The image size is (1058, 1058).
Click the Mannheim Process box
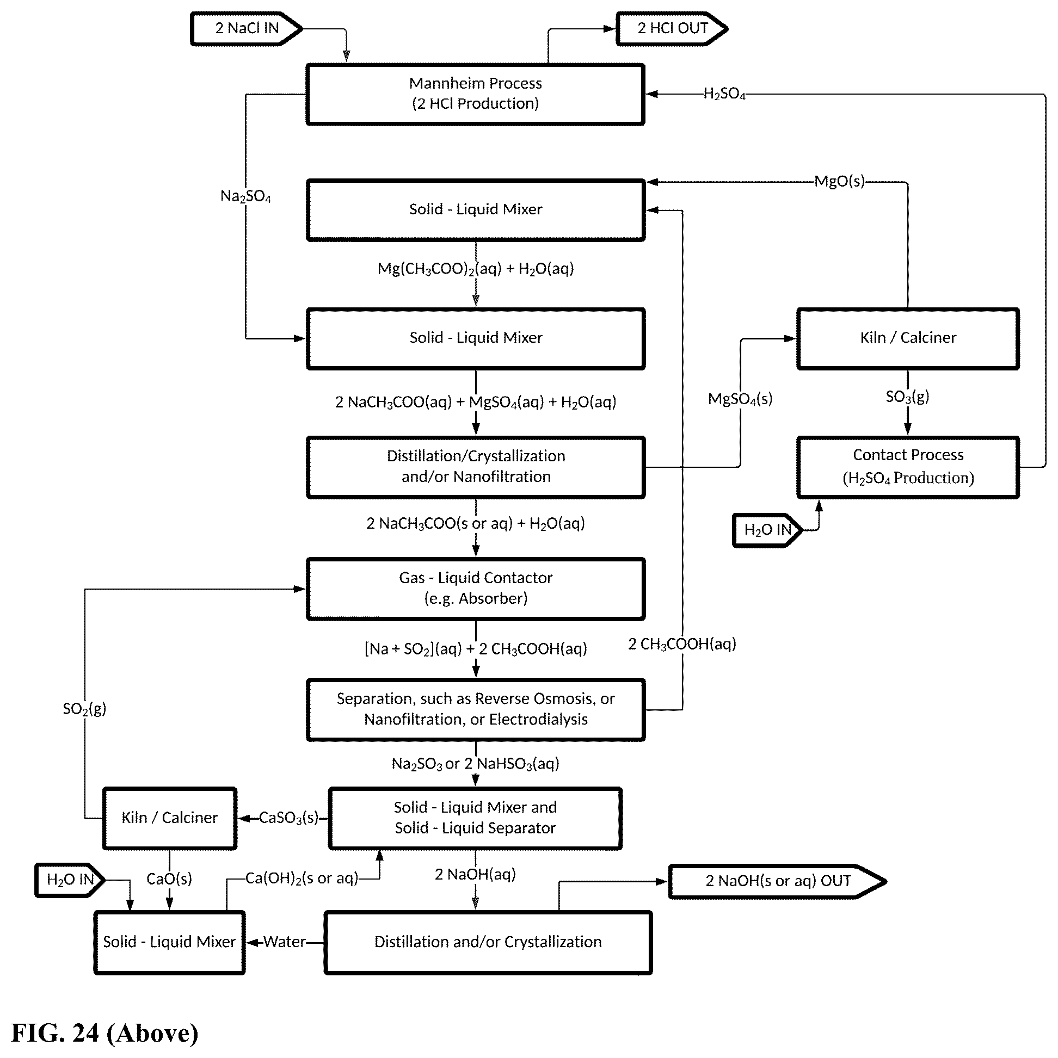(x=475, y=94)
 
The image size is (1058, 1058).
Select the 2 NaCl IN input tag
(x=246, y=28)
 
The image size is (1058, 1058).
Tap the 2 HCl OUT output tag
(x=672, y=28)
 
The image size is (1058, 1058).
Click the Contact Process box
(x=908, y=467)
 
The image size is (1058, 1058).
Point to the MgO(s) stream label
(x=839, y=181)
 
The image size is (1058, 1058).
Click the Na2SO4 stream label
(x=245, y=196)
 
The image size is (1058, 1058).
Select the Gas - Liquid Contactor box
(x=475, y=589)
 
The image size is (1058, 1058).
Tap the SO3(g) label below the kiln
(x=907, y=397)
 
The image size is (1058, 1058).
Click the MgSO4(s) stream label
(x=740, y=399)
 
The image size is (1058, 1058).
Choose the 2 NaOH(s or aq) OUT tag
(x=777, y=881)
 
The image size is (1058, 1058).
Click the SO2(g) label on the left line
(x=84, y=709)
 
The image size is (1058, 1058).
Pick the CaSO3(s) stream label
(x=289, y=818)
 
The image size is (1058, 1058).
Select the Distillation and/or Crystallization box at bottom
(x=488, y=942)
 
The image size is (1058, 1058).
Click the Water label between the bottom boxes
(x=284, y=942)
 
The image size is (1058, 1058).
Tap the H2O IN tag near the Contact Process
(x=767, y=530)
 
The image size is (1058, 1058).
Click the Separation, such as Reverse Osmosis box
(x=475, y=710)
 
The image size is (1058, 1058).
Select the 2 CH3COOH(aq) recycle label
(x=682, y=644)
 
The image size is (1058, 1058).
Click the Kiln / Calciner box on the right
(x=908, y=338)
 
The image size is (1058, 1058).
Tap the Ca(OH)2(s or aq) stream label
(x=302, y=878)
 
